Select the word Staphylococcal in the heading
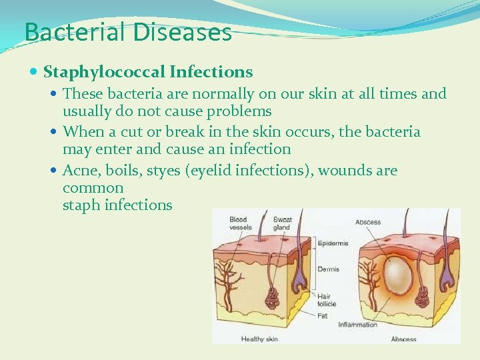[105, 71]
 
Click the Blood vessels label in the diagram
[240, 223]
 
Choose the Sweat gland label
[282, 223]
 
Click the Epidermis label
[333, 244]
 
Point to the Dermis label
[328, 269]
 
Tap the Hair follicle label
[327, 299]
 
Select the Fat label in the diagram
[322, 314]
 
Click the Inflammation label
[357, 325]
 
